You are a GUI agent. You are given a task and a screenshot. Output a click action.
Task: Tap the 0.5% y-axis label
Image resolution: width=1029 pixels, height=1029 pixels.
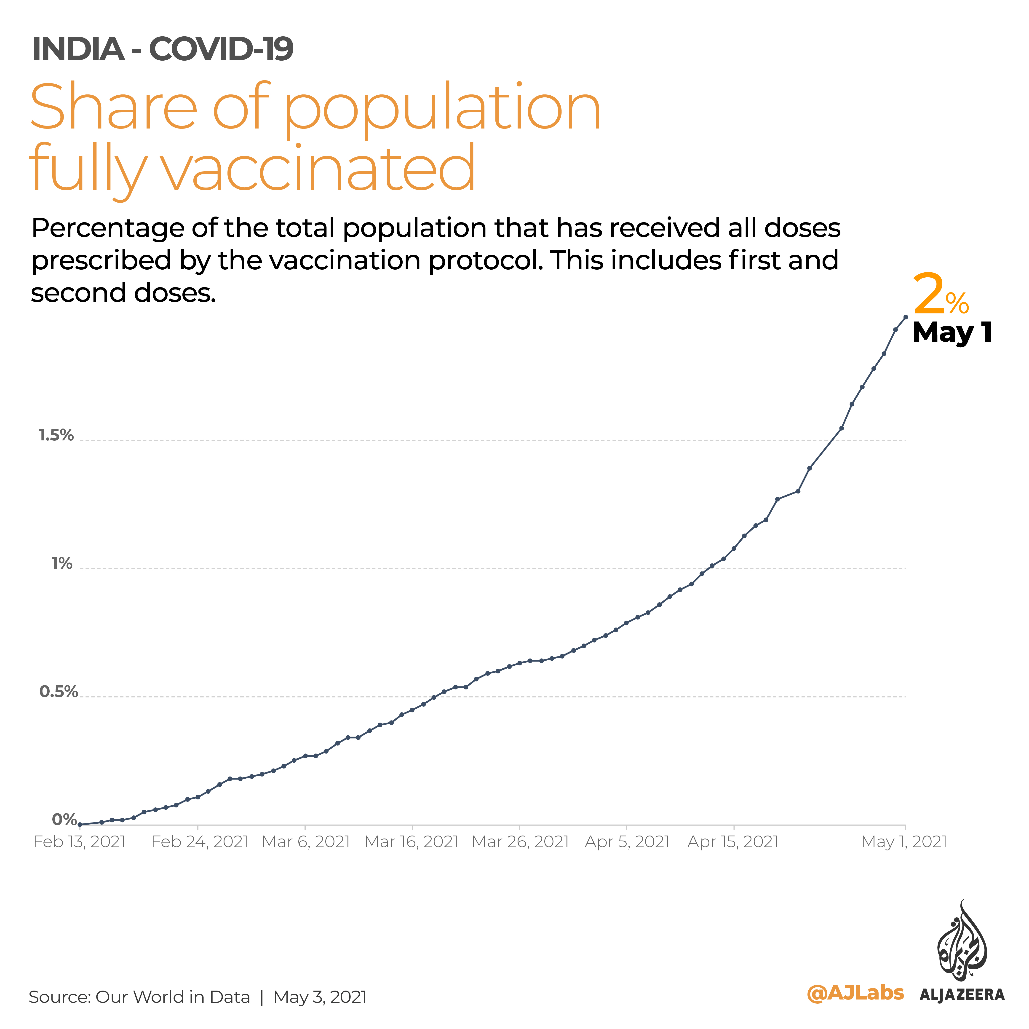59,692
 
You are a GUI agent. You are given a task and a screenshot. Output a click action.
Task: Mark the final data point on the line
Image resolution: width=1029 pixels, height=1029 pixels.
906,317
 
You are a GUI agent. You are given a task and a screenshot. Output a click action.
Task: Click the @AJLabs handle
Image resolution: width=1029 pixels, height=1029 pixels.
855,993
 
